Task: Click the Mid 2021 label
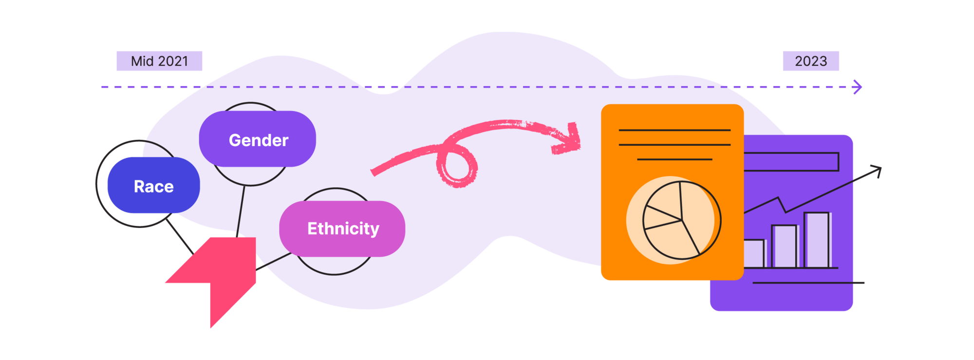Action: pyautogui.click(x=159, y=61)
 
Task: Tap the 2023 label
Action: pyautogui.click(x=811, y=61)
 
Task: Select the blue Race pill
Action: pyautogui.click(x=153, y=186)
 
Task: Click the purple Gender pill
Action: pyautogui.click(x=258, y=139)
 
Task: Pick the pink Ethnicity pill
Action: pyautogui.click(x=342, y=228)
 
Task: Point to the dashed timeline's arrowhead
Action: pyautogui.click(x=858, y=87)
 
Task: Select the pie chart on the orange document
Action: pyautogui.click(x=681, y=220)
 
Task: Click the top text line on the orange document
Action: pyautogui.click(x=674, y=130)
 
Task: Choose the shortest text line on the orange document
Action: pyautogui.click(x=674, y=159)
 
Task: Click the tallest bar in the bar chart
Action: pyautogui.click(x=817, y=240)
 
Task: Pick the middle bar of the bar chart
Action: pyautogui.click(x=784, y=246)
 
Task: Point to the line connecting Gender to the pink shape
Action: pyautogui.click(x=240, y=209)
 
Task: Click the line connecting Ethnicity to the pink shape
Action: pyautogui.click(x=274, y=261)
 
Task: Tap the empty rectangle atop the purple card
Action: pyautogui.click(x=791, y=162)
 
